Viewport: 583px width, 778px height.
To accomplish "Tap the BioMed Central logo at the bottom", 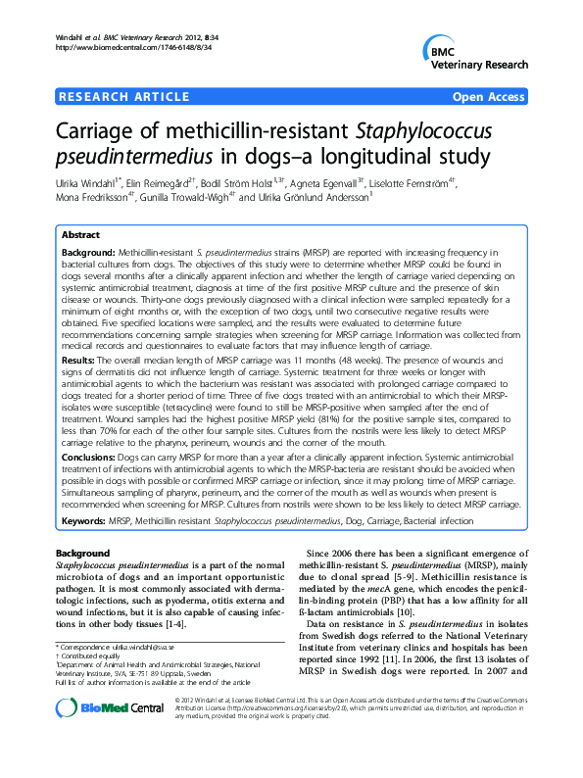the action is pos(109,744).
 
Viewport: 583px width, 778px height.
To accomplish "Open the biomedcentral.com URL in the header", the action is pos(126,47).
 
